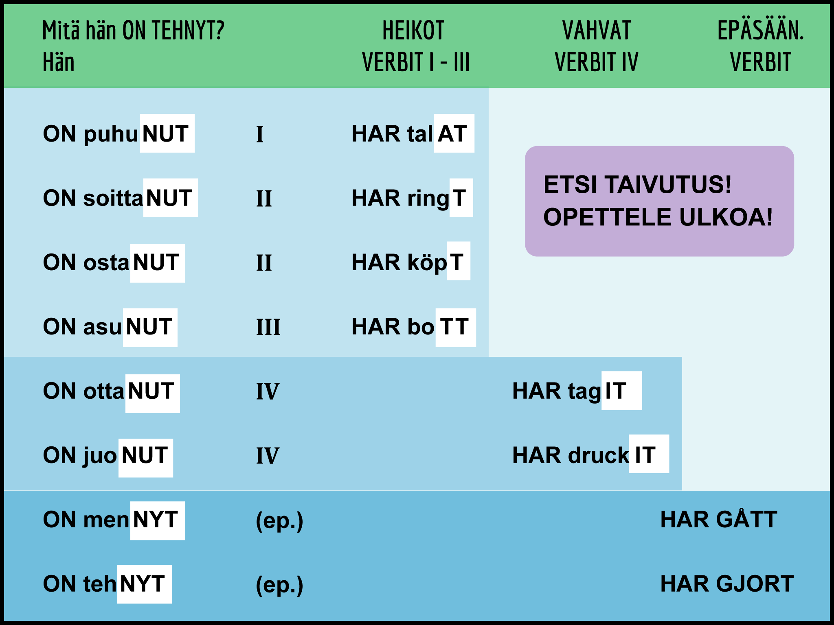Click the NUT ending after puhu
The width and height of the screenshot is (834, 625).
click(167, 133)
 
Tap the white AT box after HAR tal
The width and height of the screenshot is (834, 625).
click(454, 133)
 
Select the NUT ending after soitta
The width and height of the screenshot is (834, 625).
click(170, 198)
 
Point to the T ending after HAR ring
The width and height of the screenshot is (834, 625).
click(461, 198)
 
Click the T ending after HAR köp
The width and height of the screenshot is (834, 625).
click(458, 261)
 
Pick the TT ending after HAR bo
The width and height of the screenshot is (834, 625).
click(455, 327)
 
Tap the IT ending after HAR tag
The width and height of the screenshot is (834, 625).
click(621, 391)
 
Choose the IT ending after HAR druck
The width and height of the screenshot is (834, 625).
click(648, 454)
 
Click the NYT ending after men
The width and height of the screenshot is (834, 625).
click(157, 520)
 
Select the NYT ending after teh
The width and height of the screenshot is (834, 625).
click(144, 584)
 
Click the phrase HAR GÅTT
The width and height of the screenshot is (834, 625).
click(718, 520)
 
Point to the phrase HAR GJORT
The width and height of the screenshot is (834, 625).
click(726, 584)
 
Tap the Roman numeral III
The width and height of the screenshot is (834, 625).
click(268, 327)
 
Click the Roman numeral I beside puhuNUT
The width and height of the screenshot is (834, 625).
click(260, 134)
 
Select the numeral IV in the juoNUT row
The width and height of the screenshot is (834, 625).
click(267, 455)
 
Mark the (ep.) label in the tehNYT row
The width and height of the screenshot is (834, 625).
click(279, 585)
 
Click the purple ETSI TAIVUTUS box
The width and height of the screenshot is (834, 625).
click(659, 201)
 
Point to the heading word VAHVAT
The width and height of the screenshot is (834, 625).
click(597, 31)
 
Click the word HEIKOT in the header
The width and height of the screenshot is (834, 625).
click(413, 31)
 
